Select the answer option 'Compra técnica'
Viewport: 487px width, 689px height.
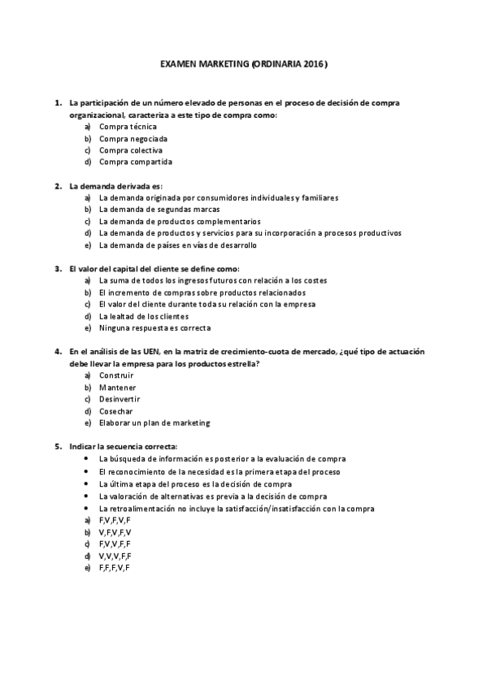(128, 127)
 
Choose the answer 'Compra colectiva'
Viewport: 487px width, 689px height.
(130, 150)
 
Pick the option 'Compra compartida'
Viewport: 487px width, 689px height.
(135, 162)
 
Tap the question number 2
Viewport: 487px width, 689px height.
(58, 186)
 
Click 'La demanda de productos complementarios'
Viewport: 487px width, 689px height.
(180, 221)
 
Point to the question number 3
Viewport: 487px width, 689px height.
(58, 269)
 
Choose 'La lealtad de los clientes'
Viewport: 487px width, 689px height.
(143, 316)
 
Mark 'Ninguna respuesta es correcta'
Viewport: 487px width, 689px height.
(154, 328)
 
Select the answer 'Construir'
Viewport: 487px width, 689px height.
(116, 375)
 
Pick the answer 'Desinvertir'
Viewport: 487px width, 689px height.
(120, 399)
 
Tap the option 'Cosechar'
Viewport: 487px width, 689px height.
(116, 411)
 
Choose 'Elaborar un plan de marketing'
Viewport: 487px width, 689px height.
(154, 422)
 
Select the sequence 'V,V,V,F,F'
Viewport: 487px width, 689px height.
(115, 556)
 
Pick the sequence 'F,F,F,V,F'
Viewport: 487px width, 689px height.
(115, 567)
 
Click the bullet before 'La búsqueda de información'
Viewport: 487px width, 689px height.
(87, 459)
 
